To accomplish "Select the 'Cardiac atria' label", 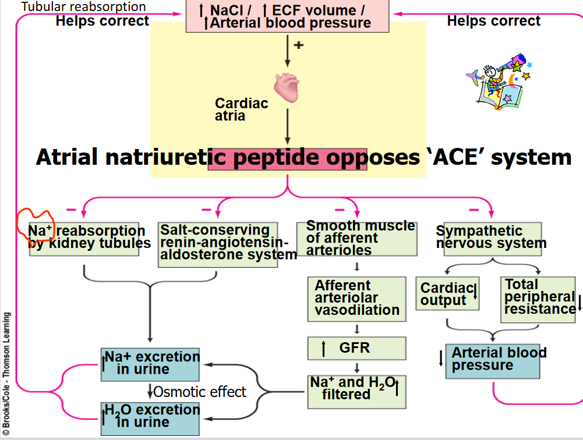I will click(x=241, y=109).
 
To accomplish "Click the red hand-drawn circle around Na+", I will click(x=34, y=224).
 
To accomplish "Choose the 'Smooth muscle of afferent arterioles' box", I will click(x=356, y=239).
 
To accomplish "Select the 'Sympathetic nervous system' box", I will click(x=492, y=238).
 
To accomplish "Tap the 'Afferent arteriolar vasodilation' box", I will click(x=356, y=298).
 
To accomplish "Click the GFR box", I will click(x=356, y=348).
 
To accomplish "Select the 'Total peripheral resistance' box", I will click(x=538, y=299).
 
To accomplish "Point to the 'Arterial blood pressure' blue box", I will click(x=492, y=360).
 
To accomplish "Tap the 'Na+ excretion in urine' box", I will click(x=150, y=363).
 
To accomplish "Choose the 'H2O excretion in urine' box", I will click(x=150, y=416).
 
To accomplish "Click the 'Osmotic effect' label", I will click(x=199, y=392).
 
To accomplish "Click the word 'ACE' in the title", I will click(x=456, y=158).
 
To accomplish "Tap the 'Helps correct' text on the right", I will click(x=493, y=22).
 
